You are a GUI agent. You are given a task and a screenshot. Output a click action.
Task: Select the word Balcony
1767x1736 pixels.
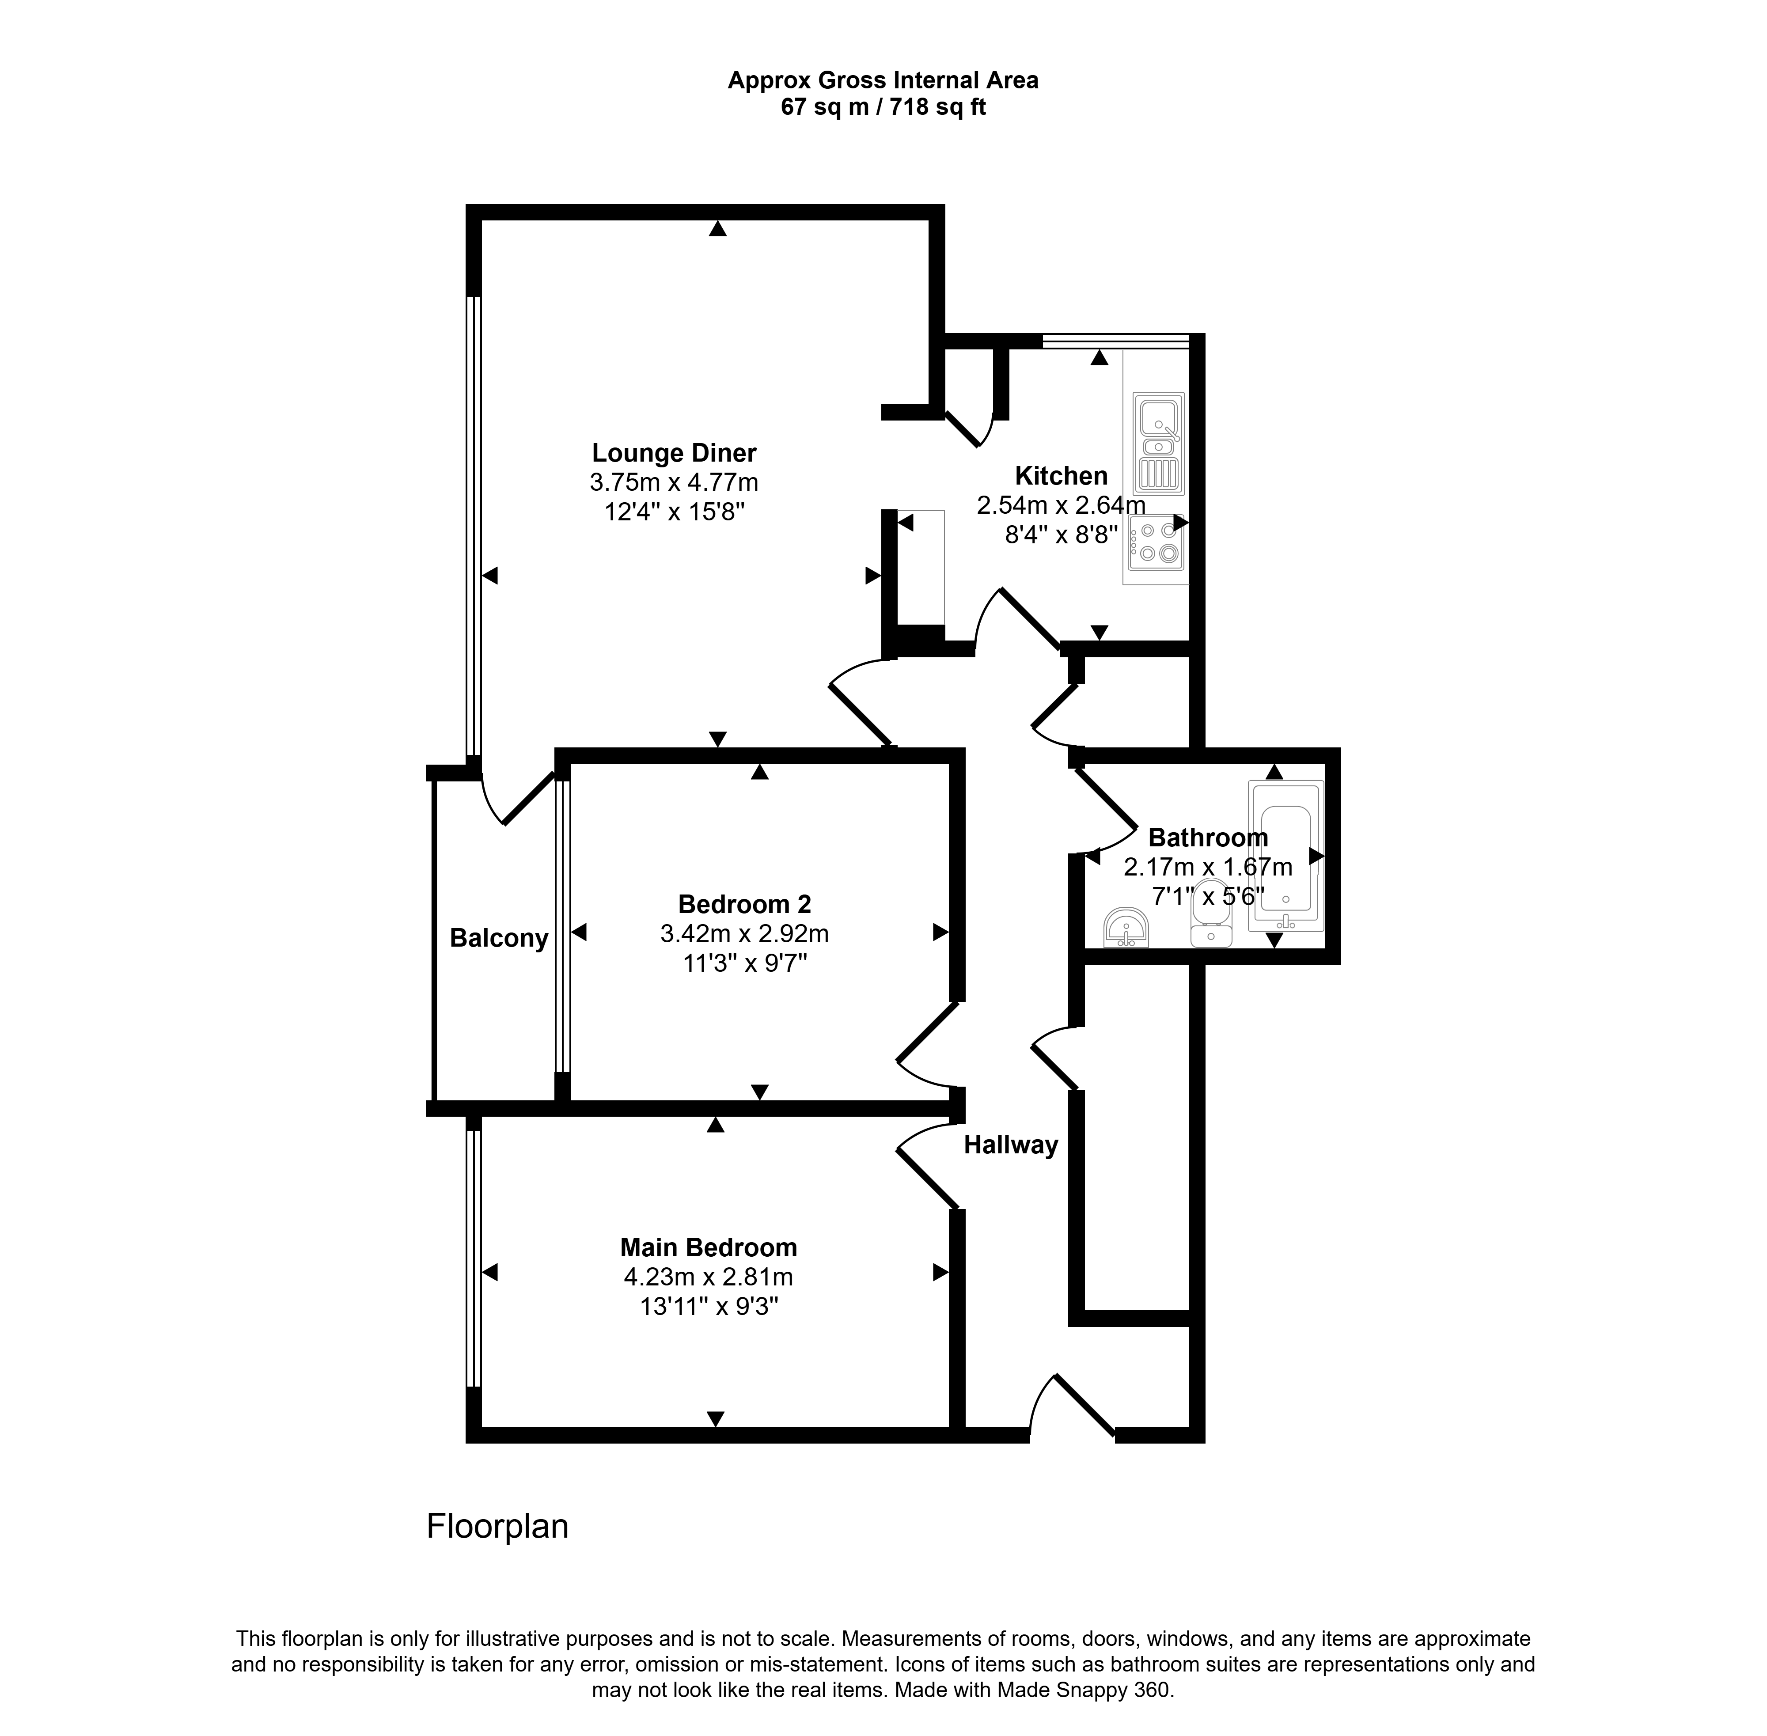click(x=499, y=938)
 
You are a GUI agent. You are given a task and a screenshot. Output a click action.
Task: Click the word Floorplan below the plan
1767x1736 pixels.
click(x=498, y=1526)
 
